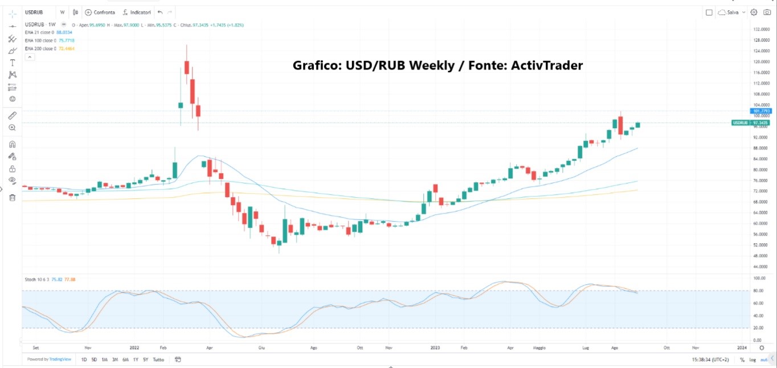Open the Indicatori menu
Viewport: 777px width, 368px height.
tap(136, 12)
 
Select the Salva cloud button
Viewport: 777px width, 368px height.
tap(731, 12)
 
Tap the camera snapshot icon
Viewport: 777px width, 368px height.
tap(767, 12)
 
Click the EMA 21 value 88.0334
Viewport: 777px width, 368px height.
tap(64, 32)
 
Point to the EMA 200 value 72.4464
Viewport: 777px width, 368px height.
tap(66, 48)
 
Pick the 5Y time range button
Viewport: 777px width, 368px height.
tap(146, 359)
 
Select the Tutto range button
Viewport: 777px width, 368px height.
tap(158, 359)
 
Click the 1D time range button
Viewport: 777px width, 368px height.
tap(84, 359)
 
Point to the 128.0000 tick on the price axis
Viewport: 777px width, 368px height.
tap(758, 40)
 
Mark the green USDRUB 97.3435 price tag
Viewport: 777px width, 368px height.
tap(750, 122)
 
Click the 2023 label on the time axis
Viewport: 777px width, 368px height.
tap(435, 346)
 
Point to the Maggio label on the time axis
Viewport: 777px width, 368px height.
tap(539, 346)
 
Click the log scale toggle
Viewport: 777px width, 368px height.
tap(751, 359)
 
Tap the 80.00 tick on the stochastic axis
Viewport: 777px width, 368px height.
tap(758, 291)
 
